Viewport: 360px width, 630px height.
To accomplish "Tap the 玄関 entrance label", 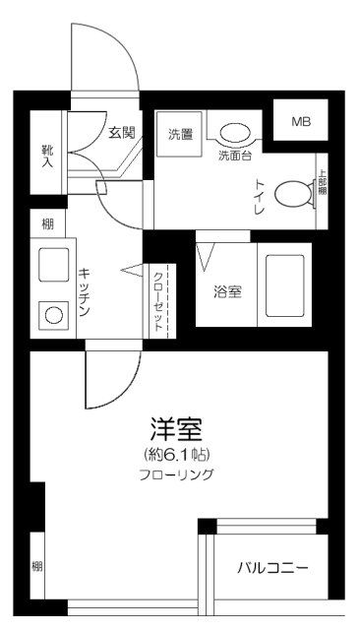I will coord(122,130).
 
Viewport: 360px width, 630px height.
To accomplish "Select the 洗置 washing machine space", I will coord(180,133).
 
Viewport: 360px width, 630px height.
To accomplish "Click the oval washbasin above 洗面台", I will coord(234,134).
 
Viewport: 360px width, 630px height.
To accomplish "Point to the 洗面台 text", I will coord(234,155).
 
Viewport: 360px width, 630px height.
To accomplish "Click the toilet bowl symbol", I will coord(292,194).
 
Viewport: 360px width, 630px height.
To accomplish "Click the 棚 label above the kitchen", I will coord(46,224).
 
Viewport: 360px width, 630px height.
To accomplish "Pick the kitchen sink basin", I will coord(52,266).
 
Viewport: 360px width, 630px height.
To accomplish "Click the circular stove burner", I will coord(52,316).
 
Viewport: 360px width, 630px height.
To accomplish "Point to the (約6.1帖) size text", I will coord(177,454).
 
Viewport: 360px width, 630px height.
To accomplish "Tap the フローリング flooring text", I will coord(177,474).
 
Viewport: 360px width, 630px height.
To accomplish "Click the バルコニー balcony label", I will coord(272,568).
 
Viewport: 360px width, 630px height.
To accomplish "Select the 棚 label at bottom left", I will coord(36,566).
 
